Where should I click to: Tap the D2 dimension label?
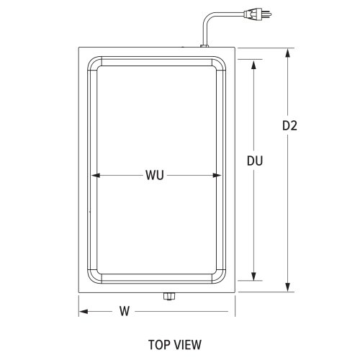289,125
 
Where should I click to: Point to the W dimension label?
124,312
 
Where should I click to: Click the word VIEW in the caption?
186,345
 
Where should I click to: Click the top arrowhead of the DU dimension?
253,63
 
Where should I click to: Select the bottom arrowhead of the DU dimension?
253,277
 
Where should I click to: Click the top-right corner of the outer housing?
235,48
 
